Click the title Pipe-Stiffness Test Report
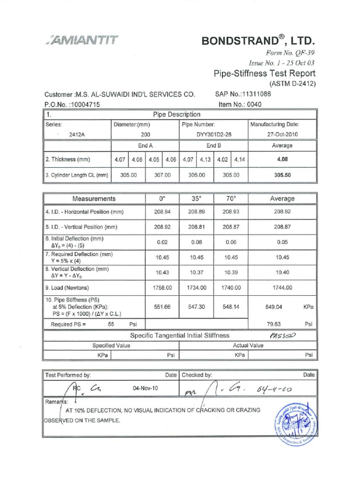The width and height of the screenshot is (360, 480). click(264, 73)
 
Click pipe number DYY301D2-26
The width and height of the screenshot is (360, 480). click(214, 134)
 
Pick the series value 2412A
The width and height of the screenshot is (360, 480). click(77, 134)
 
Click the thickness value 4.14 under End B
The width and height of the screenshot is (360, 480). click(240, 159)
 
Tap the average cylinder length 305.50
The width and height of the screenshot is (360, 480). click(282, 175)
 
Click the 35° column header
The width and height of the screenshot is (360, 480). click(196, 199)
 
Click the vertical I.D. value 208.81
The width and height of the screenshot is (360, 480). click(196, 227)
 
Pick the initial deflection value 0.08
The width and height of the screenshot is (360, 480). click(196, 242)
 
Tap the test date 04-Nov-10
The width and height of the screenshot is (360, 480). click(145, 389)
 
